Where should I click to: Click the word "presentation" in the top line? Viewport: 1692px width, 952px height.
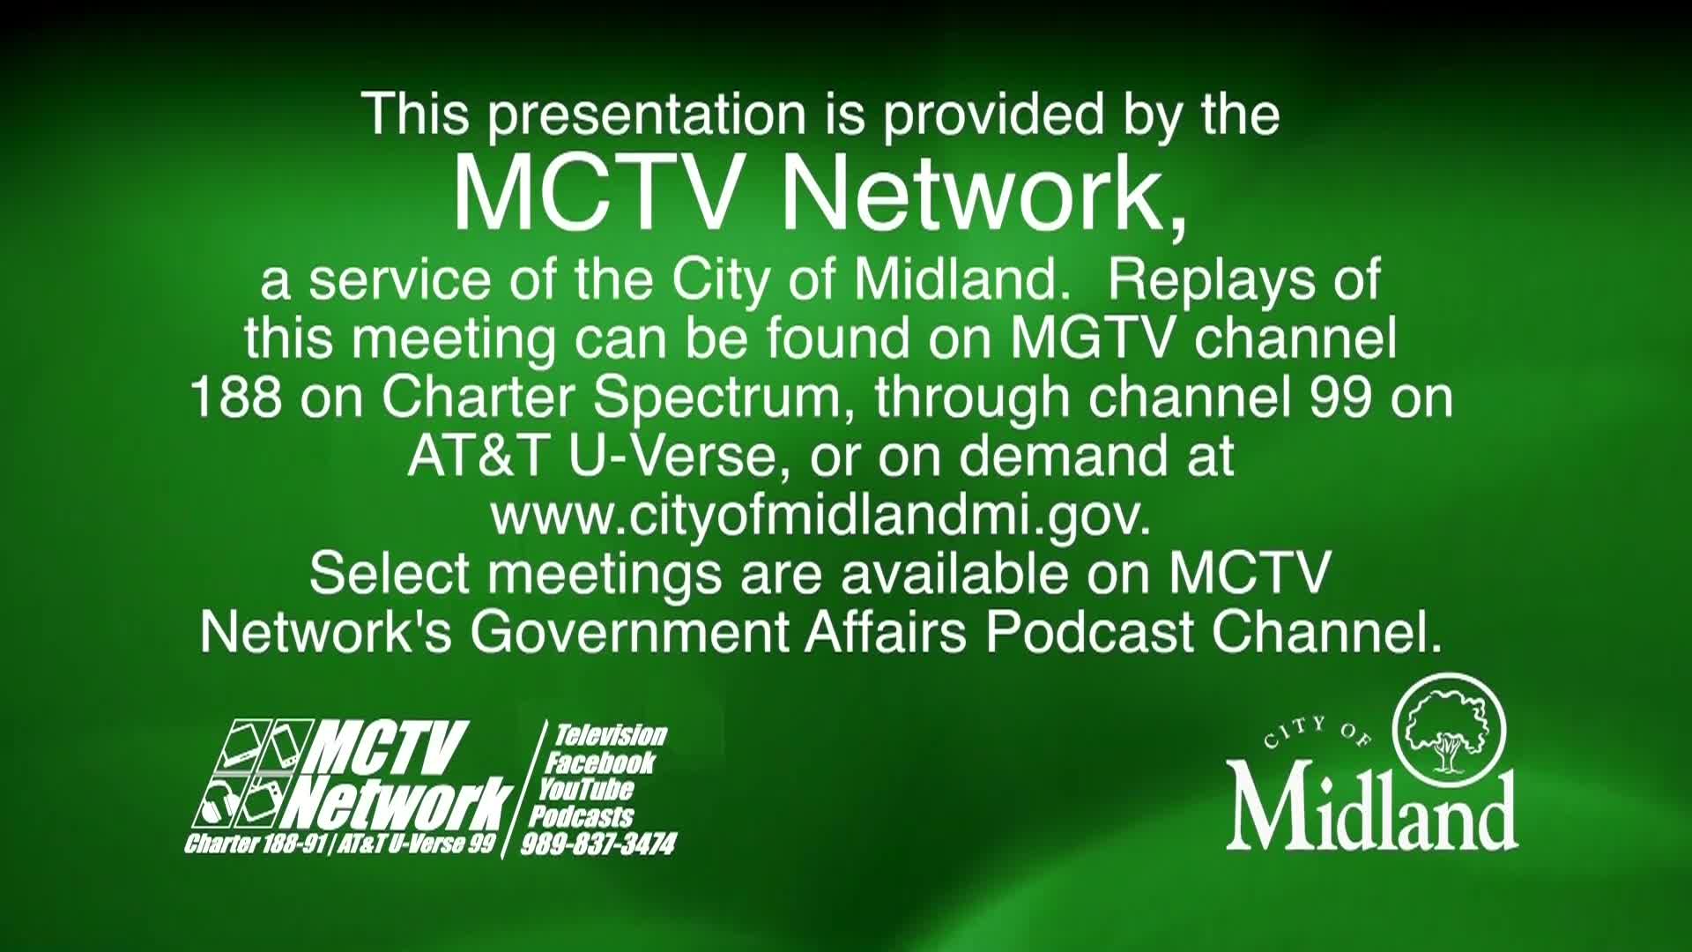(x=647, y=116)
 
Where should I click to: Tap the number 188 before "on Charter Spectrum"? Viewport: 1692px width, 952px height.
(x=236, y=398)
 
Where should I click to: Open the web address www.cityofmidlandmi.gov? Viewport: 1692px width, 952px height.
(x=820, y=517)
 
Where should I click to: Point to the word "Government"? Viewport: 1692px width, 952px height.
(x=629, y=632)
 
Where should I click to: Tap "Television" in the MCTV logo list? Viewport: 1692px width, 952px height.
(x=609, y=735)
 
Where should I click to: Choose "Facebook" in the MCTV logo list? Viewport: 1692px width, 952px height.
(x=599, y=762)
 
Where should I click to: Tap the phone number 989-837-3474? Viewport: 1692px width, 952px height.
(x=598, y=844)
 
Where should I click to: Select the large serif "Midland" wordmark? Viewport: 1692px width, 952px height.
(x=1372, y=809)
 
